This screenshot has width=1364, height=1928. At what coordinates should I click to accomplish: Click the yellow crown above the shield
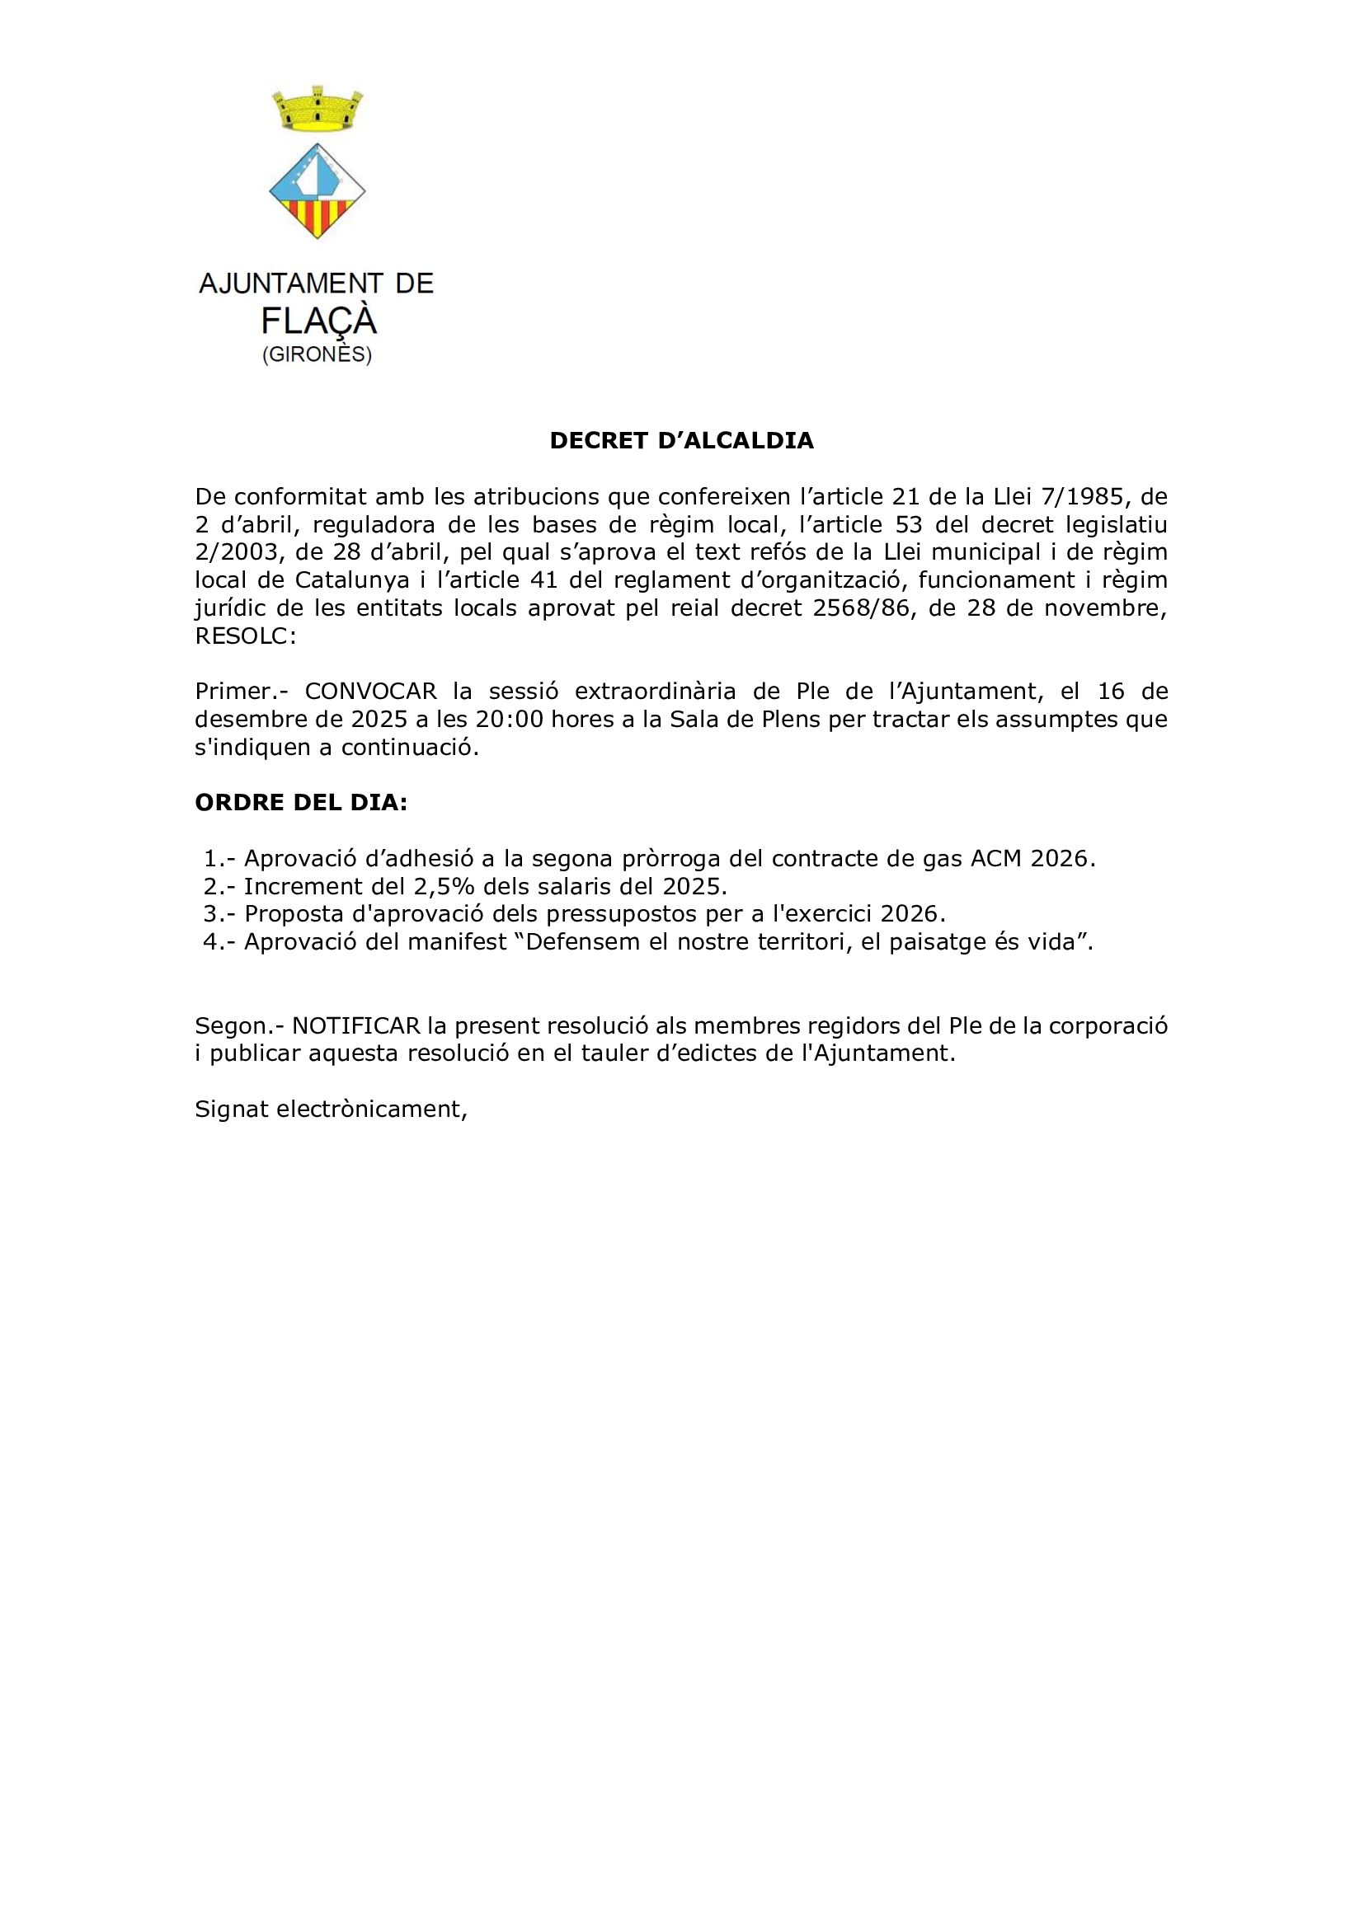coord(317,110)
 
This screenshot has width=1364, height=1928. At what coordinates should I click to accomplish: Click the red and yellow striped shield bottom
coord(317,216)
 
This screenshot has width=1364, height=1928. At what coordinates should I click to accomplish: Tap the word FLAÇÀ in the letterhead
coord(318,321)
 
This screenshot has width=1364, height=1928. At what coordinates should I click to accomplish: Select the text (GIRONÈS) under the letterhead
coord(317,354)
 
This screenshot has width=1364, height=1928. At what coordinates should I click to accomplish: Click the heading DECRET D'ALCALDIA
coord(681,441)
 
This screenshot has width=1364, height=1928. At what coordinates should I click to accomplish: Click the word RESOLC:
coord(245,636)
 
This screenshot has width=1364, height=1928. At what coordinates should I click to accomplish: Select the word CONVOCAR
coord(370,691)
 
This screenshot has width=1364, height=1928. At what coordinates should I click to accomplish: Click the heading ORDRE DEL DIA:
coord(301,803)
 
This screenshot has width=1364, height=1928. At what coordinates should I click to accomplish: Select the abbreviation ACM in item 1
coord(996,858)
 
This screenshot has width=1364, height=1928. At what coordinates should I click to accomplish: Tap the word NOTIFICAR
coord(355,1025)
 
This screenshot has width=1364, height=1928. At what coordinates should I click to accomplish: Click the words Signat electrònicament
coord(331,1109)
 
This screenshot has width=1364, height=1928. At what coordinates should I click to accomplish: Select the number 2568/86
coord(861,608)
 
